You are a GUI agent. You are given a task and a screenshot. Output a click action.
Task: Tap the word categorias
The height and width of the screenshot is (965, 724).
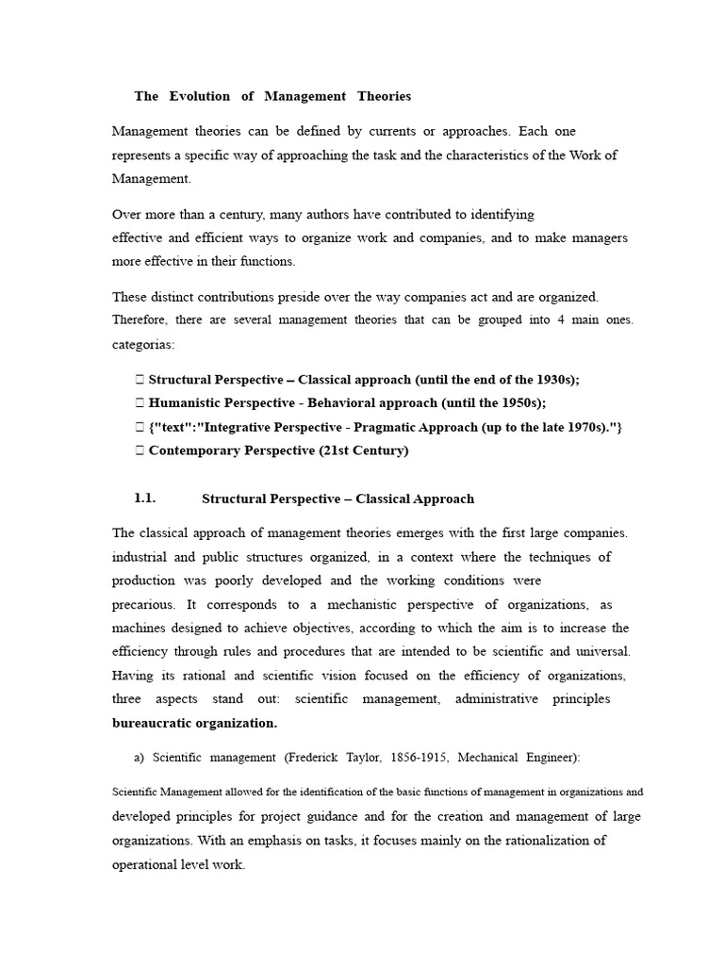(143, 345)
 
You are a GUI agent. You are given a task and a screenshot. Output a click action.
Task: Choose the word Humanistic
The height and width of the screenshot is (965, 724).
(182, 402)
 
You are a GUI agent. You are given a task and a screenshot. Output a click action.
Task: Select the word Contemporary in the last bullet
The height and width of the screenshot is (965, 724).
(193, 450)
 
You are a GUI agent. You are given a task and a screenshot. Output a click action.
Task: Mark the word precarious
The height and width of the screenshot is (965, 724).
(143, 604)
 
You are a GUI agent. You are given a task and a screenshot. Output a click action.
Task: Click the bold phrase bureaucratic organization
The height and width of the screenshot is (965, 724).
(194, 724)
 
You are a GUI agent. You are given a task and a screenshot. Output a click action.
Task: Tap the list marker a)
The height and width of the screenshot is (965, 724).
(140, 757)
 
